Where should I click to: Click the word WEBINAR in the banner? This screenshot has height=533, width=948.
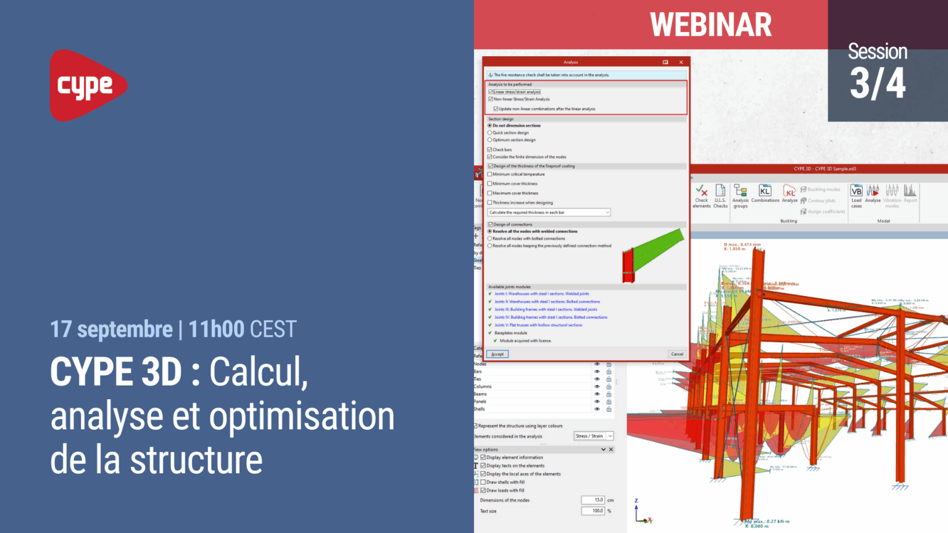pyautogui.click(x=710, y=25)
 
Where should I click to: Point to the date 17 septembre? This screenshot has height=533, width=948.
pyautogui.click(x=112, y=329)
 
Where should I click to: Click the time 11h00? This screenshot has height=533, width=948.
pyautogui.click(x=217, y=329)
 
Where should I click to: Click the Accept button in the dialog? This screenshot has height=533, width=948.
pyautogui.click(x=497, y=354)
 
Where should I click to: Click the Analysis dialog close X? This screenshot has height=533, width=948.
pyautogui.click(x=681, y=62)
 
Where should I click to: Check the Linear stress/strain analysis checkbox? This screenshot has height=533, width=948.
pyautogui.click(x=491, y=92)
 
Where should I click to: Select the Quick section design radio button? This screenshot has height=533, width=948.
pyautogui.click(x=490, y=133)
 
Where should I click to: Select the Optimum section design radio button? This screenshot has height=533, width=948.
pyautogui.click(x=490, y=140)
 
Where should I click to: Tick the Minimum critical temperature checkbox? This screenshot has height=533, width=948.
pyautogui.click(x=490, y=175)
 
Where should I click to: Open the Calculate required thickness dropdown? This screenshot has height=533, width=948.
pyautogui.click(x=549, y=212)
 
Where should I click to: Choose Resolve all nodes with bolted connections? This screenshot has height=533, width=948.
pyautogui.click(x=490, y=239)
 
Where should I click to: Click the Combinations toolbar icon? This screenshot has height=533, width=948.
pyautogui.click(x=765, y=192)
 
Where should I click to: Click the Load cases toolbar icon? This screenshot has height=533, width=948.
pyautogui.click(x=856, y=192)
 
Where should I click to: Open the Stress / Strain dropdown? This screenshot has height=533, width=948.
pyautogui.click(x=593, y=436)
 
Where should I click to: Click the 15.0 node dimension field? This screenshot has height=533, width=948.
pyautogui.click(x=592, y=500)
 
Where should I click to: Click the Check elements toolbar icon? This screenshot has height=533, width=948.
pyautogui.click(x=702, y=192)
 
